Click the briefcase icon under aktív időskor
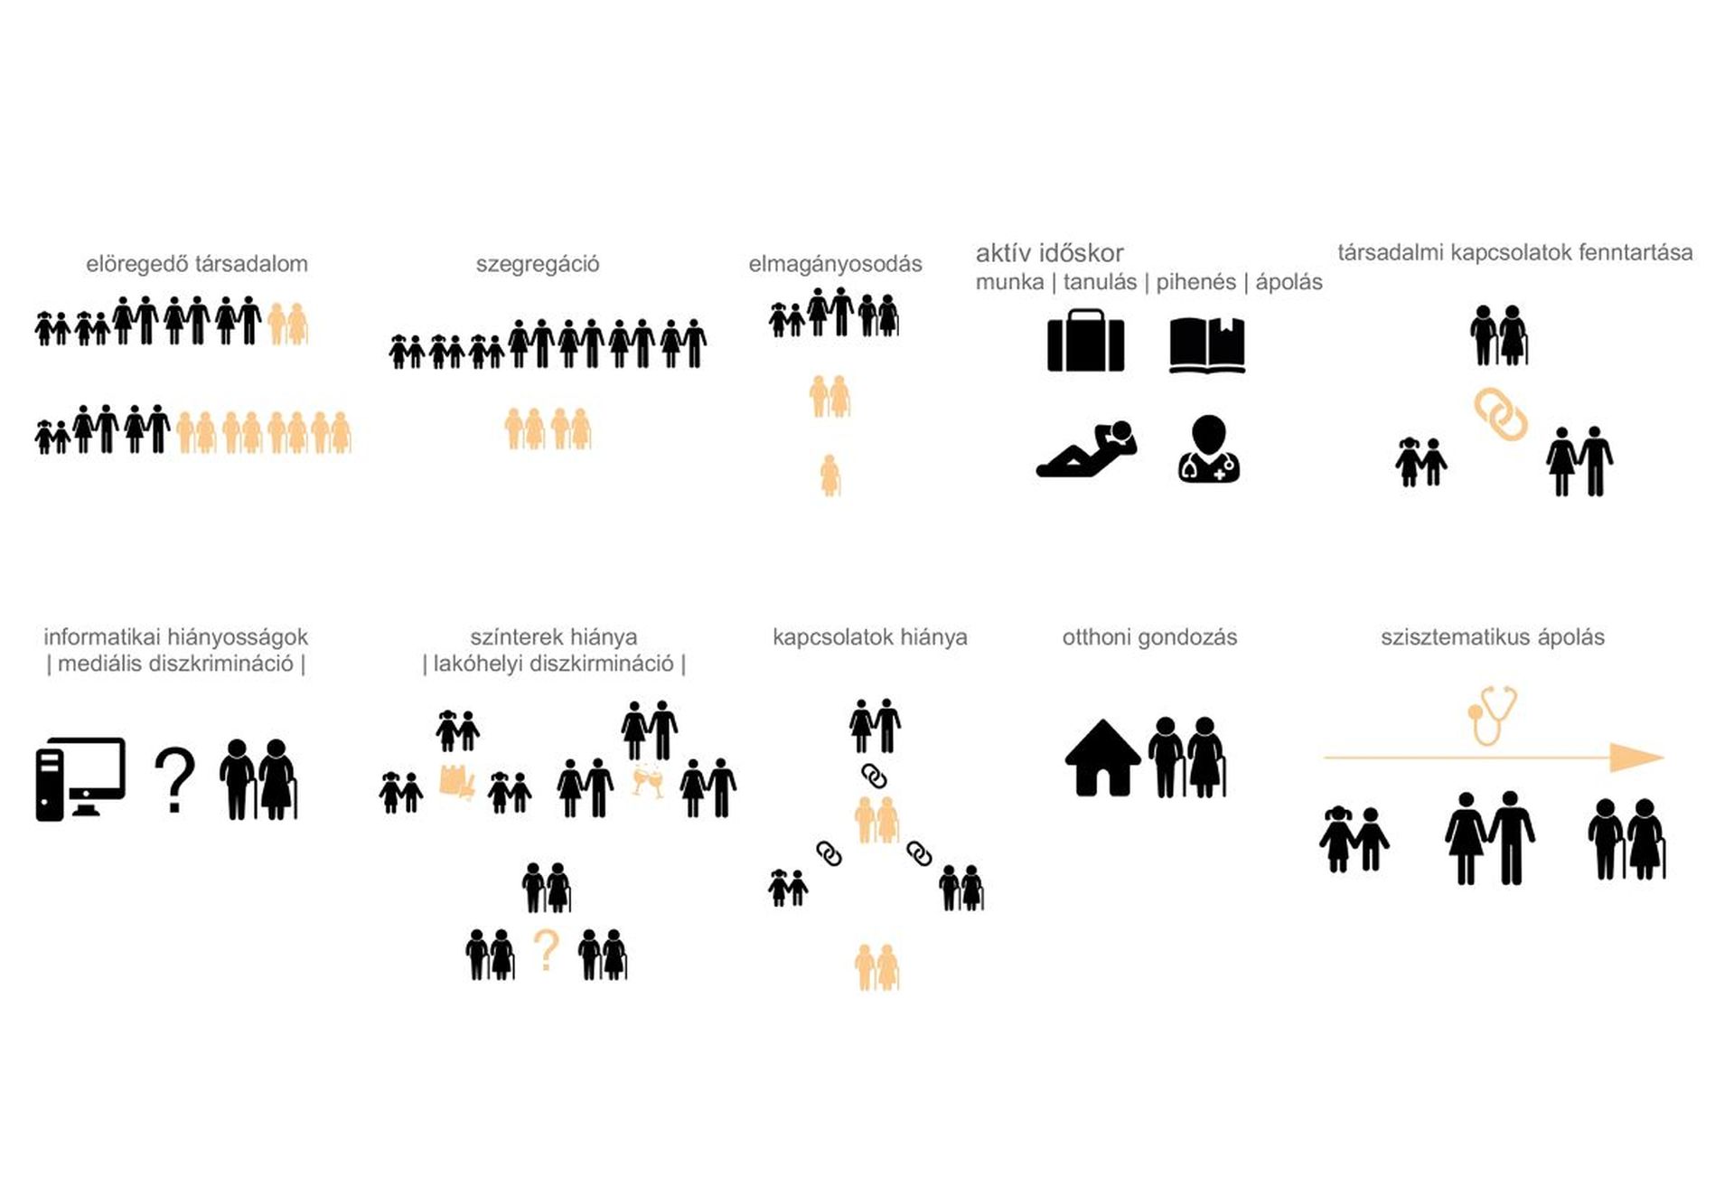1085,341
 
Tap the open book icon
1207,344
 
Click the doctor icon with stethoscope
1209,448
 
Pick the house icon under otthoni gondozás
1102,758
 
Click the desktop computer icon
80,778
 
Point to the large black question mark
174,780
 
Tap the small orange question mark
546,951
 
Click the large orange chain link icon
1501,414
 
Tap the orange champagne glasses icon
647,783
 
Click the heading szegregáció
538,264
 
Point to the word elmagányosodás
835,264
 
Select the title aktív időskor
1049,253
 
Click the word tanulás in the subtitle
1100,282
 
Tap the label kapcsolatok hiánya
869,637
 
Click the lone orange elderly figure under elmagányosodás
830,475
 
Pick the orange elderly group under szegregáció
548,428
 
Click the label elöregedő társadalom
197,264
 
